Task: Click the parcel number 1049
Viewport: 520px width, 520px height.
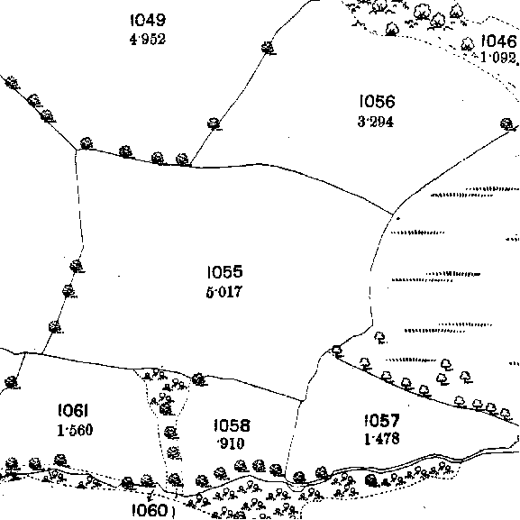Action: coord(148,20)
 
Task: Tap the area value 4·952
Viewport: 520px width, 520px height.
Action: coord(148,39)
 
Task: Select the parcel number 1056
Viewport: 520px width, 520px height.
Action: coord(377,101)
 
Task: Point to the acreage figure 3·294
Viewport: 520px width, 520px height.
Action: coord(376,122)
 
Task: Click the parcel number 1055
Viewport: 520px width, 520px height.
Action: coord(224,271)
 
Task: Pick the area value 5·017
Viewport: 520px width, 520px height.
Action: coord(224,292)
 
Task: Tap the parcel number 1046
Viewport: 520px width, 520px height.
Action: coord(498,41)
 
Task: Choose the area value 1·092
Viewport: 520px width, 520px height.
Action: coord(498,58)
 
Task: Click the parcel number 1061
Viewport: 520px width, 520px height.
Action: coord(73,411)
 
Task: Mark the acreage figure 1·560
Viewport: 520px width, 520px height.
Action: coord(75,430)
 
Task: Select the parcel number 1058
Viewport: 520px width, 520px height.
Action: coord(232,425)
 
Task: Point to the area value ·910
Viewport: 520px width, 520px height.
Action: coord(231,443)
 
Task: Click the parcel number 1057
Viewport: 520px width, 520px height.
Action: coord(382,420)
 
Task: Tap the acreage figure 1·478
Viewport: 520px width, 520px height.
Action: coord(382,439)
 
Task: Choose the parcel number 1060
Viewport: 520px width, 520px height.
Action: coord(150,510)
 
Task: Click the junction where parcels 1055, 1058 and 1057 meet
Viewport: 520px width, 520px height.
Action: coord(301,401)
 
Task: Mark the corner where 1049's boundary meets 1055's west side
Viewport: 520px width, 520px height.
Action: coord(76,150)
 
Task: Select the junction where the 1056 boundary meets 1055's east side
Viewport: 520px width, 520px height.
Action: coord(393,214)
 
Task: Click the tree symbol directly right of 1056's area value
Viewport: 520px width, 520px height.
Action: coord(506,124)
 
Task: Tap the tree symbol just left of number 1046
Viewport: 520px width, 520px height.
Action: coord(468,44)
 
